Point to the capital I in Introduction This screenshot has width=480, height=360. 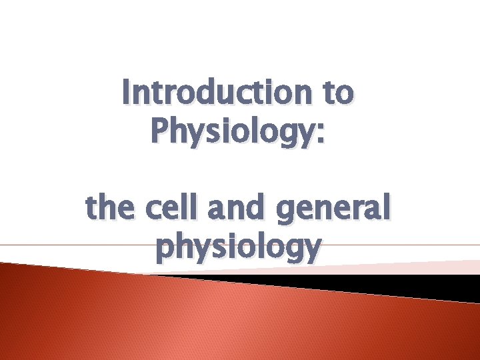[x=127, y=93]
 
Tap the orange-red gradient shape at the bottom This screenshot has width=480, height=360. [x=200, y=320]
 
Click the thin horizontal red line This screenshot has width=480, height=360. [x=67, y=245]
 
